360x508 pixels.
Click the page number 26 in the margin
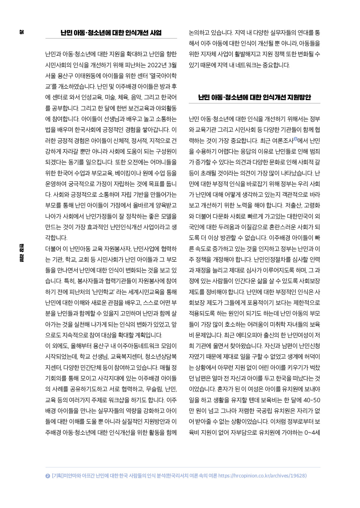coord(22,32)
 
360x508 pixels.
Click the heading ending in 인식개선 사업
coord(111,33)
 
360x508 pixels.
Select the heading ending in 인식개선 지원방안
coord(255,97)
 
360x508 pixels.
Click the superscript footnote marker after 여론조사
coord(295,139)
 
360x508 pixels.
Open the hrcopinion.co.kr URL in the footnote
coord(262,476)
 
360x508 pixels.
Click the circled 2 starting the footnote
coord(48,476)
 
